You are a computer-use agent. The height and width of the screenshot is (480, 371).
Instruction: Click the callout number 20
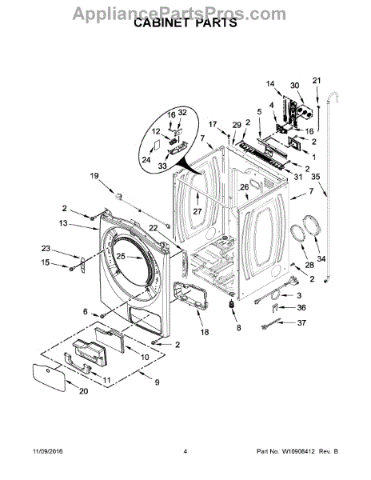83,391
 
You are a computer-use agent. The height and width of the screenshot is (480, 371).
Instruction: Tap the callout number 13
63,223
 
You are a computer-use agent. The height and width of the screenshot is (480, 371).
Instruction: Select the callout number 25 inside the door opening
121,256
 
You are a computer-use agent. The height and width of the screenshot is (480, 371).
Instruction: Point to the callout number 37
301,322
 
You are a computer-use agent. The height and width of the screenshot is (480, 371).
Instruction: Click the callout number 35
315,177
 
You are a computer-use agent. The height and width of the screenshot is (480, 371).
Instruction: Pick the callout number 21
317,80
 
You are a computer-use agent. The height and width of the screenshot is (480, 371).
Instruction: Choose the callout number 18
205,331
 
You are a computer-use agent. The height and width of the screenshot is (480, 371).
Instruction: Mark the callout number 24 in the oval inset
146,160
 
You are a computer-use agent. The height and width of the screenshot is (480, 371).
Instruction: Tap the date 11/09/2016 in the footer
47,451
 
